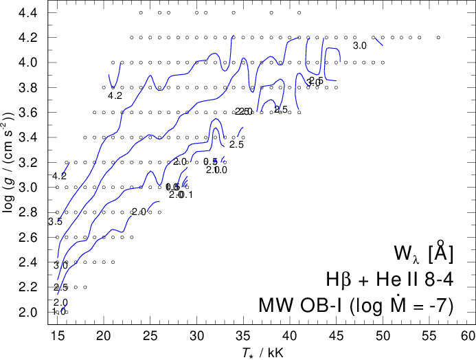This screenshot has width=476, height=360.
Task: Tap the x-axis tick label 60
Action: [467, 337]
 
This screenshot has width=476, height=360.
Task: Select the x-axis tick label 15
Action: [57, 337]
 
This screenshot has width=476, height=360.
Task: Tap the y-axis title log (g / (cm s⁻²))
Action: [10, 162]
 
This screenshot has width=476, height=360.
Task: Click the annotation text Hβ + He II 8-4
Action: [390, 279]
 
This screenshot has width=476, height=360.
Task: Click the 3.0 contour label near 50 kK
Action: [359, 46]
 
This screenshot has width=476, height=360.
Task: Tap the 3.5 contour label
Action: [55, 222]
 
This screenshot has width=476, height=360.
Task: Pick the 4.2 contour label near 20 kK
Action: [115, 96]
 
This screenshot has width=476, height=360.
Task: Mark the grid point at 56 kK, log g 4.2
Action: [438, 38]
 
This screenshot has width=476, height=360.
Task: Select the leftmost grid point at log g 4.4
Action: [141, 12]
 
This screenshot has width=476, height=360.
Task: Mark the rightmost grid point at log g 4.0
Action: [383, 63]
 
